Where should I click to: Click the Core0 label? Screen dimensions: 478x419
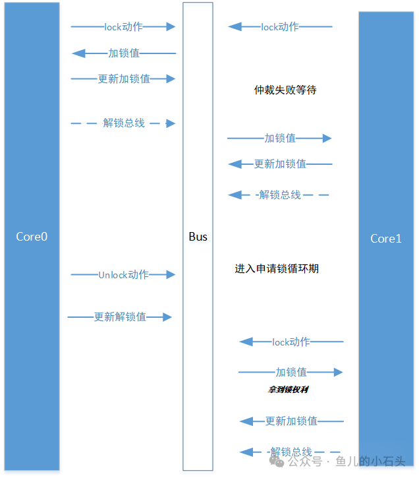[x=32, y=236]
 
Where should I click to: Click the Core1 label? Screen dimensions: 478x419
[x=385, y=239]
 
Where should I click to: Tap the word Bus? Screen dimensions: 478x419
[x=198, y=236]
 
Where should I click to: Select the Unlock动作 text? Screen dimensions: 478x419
[x=123, y=275]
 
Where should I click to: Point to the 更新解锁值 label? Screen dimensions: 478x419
[x=120, y=317]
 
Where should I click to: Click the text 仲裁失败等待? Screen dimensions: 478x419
[x=285, y=90]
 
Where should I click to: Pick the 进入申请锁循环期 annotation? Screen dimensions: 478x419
[x=277, y=268]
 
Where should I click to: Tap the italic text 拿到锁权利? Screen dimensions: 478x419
[x=288, y=390]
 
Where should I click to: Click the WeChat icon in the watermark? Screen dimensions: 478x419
[x=281, y=462]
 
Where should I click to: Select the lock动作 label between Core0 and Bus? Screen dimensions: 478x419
[x=123, y=27]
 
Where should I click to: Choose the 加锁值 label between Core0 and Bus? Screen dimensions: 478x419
[x=124, y=53]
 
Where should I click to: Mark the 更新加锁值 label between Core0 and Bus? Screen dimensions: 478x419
[x=124, y=79]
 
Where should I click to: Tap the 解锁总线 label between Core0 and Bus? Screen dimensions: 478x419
[x=124, y=123]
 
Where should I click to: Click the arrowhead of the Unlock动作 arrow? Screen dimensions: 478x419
[x=171, y=275]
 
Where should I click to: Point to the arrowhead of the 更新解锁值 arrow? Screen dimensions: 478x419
[x=167, y=317]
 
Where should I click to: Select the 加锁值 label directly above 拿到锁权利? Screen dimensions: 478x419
[x=291, y=372]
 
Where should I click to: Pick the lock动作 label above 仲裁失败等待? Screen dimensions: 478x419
[x=280, y=27]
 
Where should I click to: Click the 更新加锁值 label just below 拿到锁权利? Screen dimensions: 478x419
[x=291, y=421]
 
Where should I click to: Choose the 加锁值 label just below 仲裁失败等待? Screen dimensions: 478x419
[x=280, y=138]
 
